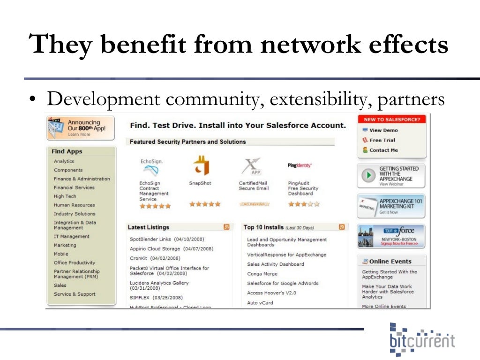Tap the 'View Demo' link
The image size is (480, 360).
(x=383, y=130)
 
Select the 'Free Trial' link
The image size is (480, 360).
(x=382, y=140)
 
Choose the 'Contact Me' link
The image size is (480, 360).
(x=383, y=150)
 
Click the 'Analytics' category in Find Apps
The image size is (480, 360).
(x=64, y=161)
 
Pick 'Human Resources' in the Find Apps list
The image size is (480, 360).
(x=74, y=205)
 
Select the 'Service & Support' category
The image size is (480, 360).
(x=74, y=294)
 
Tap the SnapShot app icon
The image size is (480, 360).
(x=201, y=165)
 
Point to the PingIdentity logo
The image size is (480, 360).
(x=300, y=165)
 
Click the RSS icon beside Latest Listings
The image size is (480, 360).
(x=227, y=227)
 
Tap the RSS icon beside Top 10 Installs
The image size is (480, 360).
(x=342, y=227)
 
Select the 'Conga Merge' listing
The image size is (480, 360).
(x=262, y=274)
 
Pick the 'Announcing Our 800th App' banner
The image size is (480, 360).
(x=80, y=127)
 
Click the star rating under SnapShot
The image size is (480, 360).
(x=204, y=204)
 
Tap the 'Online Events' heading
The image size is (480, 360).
(x=390, y=262)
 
